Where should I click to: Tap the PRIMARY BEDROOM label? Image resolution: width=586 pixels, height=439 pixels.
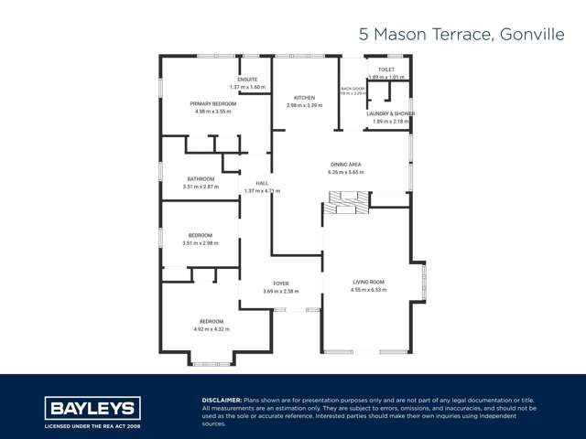click(x=212, y=104)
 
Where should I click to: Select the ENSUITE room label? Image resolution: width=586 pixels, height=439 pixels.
click(x=247, y=80)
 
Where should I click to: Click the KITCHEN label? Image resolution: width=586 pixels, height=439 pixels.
click(x=304, y=98)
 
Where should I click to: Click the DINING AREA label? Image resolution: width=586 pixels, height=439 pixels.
click(x=346, y=164)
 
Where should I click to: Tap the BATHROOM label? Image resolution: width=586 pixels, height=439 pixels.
click(x=201, y=178)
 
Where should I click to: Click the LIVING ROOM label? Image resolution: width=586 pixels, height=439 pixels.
click(x=369, y=282)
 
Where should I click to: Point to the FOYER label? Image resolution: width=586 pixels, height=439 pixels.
click(x=280, y=284)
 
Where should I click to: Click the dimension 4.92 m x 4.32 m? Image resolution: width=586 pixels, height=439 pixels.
click(x=212, y=328)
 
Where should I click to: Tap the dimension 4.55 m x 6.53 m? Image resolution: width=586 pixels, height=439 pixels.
click(x=369, y=289)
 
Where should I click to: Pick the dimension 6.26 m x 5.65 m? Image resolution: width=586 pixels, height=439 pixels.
click(x=346, y=171)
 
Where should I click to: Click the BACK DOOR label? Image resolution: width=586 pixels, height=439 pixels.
click(x=353, y=90)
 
